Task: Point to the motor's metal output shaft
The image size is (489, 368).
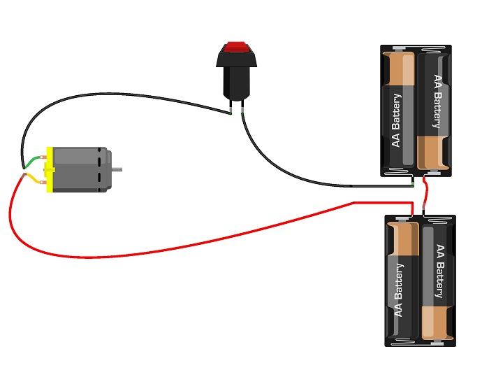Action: [119, 169]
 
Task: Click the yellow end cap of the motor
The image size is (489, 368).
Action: [49, 169]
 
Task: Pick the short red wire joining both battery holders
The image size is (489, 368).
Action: [425, 196]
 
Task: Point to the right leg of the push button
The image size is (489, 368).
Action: [242, 106]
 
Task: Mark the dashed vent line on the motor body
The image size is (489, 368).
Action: [101, 169]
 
